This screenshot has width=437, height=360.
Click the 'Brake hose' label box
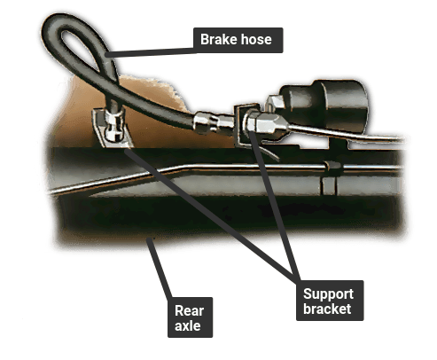(x=238, y=40)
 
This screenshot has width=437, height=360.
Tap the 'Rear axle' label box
(x=190, y=317)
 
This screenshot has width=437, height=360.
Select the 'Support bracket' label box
(x=330, y=301)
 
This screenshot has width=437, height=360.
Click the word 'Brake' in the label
(x=218, y=39)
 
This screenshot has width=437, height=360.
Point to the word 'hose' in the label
(x=256, y=39)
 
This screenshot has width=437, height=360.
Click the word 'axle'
(x=188, y=325)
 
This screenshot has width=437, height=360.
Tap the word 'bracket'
(x=327, y=309)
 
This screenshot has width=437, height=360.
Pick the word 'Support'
(x=328, y=294)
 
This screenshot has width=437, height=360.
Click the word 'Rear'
(x=189, y=310)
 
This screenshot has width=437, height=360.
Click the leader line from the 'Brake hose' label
(x=151, y=52)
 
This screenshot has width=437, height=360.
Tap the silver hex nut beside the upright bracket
(x=265, y=124)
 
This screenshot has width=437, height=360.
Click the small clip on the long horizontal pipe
(x=332, y=167)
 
